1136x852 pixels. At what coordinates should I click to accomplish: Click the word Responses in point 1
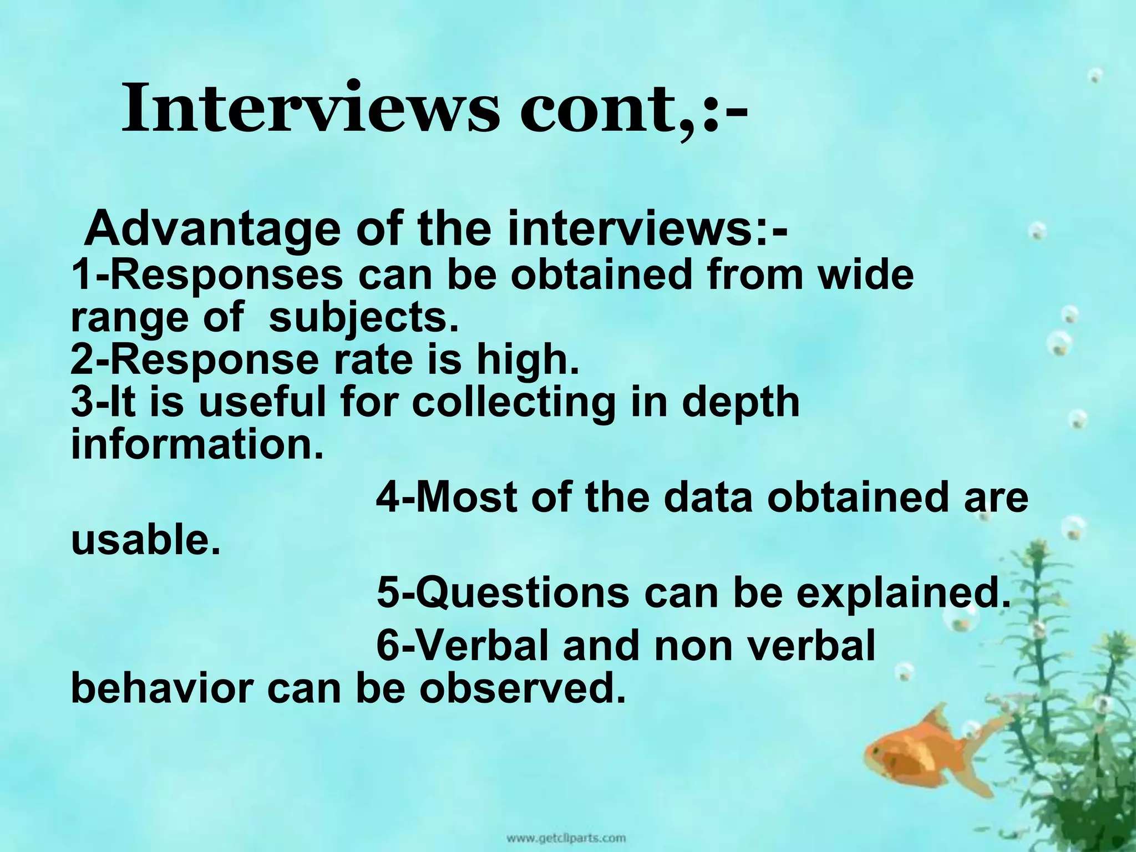pos(227,275)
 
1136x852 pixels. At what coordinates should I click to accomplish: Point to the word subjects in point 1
pos(364,319)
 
